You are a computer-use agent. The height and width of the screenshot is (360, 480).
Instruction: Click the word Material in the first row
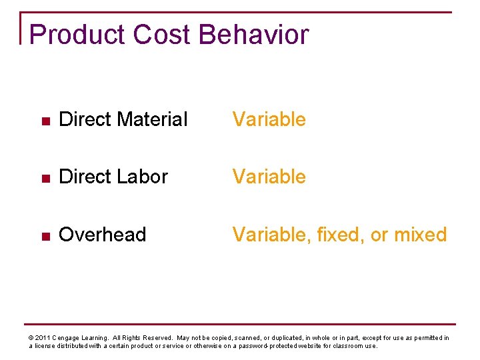(152, 120)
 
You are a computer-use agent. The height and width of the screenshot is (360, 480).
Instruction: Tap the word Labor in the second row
(142, 177)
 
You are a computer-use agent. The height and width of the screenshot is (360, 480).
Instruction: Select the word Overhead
(103, 235)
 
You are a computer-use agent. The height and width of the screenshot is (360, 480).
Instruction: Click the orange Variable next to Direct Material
(269, 120)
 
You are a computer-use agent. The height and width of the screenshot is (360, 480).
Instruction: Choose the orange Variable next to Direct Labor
(269, 177)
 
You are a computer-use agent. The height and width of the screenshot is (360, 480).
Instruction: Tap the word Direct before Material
(85, 120)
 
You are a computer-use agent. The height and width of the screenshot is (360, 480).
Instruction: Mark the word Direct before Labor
(85, 177)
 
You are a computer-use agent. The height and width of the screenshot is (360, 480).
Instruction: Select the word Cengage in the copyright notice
(70, 338)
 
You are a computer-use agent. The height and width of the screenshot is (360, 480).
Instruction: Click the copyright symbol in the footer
(31, 338)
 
